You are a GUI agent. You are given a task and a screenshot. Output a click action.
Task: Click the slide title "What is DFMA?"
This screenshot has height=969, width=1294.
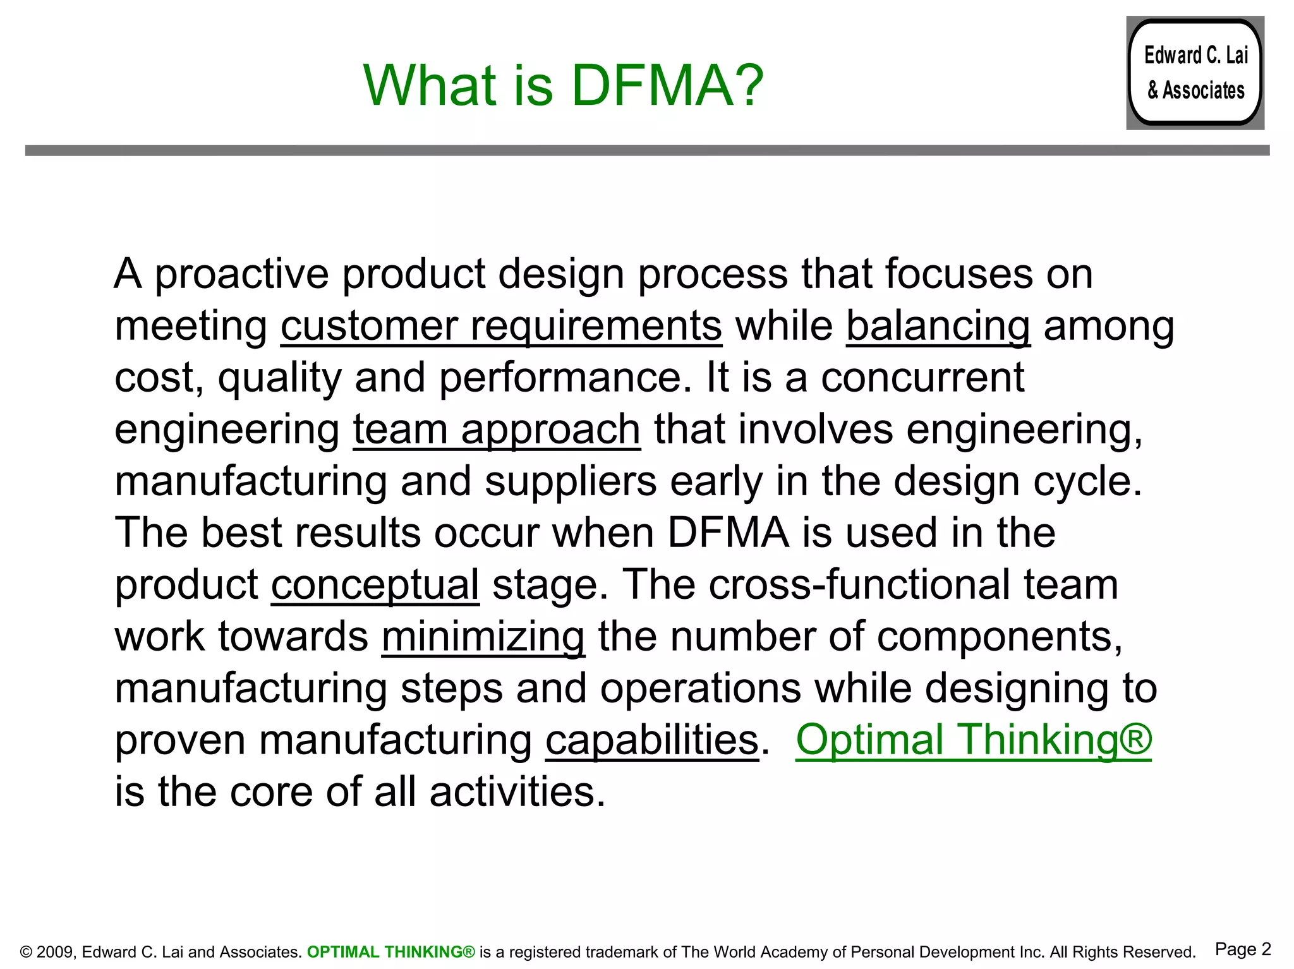pos(563,86)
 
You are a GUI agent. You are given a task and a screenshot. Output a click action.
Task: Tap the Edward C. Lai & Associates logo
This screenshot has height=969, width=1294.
pos(1195,73)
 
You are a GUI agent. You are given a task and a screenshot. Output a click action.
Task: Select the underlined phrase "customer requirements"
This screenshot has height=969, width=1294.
pos(501,327)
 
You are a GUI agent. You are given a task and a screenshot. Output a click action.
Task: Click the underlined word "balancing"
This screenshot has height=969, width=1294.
pos(938,327)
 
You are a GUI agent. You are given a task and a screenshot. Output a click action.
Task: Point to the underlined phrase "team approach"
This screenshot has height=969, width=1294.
pos(497,430)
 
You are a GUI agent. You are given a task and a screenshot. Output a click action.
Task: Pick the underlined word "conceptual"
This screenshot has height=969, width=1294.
pos(375,585)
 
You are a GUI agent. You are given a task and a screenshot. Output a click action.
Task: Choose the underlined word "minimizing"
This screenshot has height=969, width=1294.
pos(483,637)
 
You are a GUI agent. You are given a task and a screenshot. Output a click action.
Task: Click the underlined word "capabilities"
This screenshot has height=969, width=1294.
pos(651,740)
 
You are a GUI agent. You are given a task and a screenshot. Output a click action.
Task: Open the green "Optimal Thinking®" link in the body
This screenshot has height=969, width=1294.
pos(973,740)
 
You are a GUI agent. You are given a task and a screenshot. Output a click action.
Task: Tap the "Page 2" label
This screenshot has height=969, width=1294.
pos(1242,949)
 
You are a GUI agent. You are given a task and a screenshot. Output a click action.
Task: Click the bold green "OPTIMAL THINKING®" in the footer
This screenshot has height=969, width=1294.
pos(390,952)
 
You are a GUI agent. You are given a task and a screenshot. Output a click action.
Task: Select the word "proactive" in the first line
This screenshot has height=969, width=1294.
pos(241,275)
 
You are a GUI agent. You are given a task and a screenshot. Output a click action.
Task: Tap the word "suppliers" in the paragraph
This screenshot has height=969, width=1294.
pos(571,482)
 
